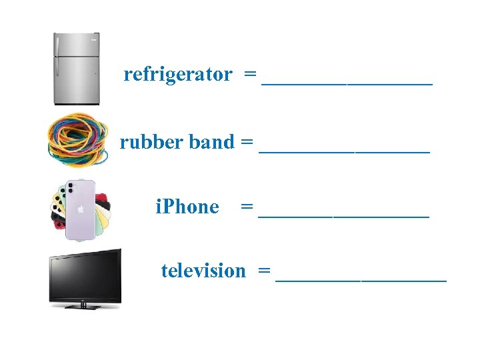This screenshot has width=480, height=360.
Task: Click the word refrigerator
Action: pos(178,75)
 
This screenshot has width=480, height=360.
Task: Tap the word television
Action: pos(203,271)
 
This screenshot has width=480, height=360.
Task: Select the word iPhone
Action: pos(187,207)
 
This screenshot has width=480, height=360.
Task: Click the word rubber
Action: pos(153,142)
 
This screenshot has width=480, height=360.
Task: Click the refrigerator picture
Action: pos(77,68)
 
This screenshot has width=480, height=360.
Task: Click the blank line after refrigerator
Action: pos(347,84)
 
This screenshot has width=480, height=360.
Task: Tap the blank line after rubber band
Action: pos(345,151)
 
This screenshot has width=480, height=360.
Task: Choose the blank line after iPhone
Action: pos(344,217)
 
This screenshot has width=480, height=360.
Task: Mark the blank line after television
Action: pos(361,281)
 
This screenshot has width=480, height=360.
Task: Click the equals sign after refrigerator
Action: pos(251,75)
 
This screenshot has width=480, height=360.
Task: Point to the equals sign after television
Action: pos(265,271)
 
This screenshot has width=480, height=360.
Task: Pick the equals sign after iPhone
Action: pos(247,207)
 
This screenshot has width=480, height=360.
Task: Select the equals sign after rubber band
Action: pos(247,142)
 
